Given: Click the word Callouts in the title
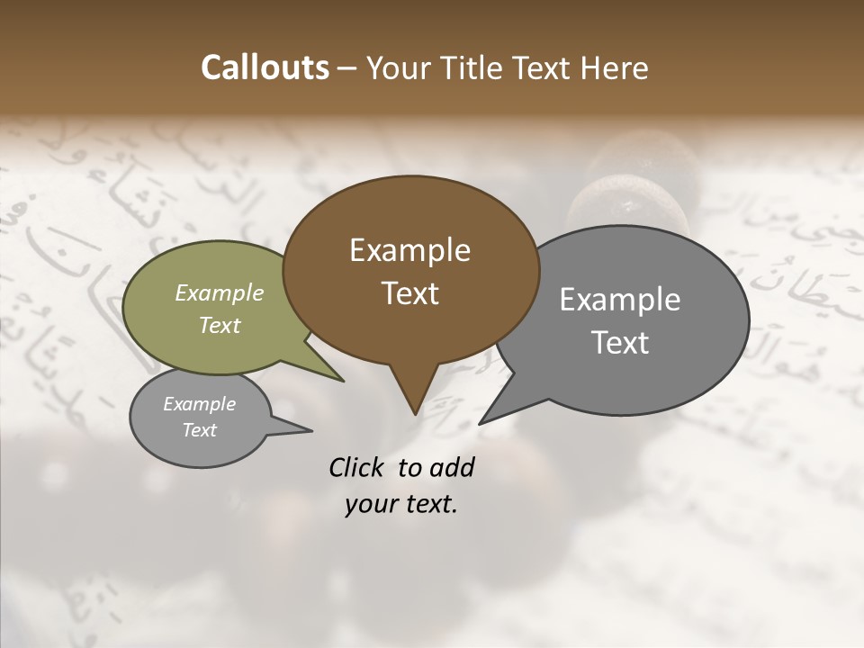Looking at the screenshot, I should [x=265, y=68].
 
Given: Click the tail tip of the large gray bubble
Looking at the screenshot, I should [x=481, y=423].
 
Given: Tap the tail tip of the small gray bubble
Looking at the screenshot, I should [x=311, y=431].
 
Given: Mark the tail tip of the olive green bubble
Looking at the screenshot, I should [x=344, y=381].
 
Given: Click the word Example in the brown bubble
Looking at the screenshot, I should [x=409, y=250].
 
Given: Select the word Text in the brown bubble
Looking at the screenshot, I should [x=409, y=293].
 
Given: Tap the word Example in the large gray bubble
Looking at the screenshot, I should [x=620, y=300].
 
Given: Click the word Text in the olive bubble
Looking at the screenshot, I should [x=220, y=325].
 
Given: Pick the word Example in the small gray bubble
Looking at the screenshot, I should [x=199, y=404].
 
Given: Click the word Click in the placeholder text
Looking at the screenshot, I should [x=357, y=467].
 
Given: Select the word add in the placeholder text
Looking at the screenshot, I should [x=452, y=467].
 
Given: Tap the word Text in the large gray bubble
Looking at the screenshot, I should [x=620, y=343].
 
